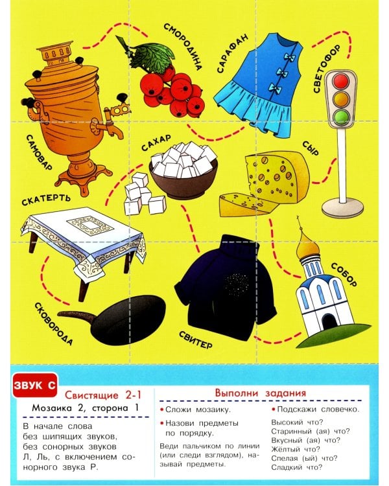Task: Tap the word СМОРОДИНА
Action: (183, 47)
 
